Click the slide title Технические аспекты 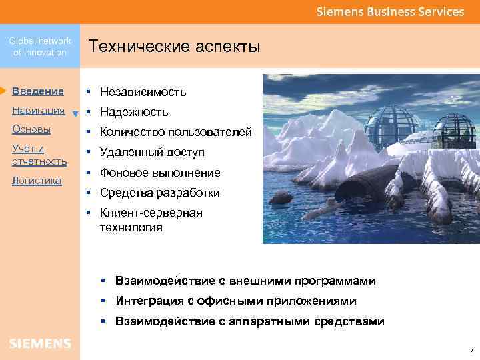174,47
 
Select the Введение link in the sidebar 38,91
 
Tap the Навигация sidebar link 38,110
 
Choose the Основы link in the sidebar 31,129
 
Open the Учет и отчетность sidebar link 39,155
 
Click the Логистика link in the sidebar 37,181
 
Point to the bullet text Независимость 143,92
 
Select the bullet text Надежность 134,112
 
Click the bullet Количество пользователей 176,132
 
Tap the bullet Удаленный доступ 152,153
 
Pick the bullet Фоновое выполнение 160,173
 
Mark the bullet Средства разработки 160,193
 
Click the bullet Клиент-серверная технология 151,220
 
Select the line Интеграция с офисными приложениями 235,301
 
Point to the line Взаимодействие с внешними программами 245,281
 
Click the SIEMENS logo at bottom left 40,343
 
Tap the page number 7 471,351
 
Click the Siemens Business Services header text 390,12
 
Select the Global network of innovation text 40,47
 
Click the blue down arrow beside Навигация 75,113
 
